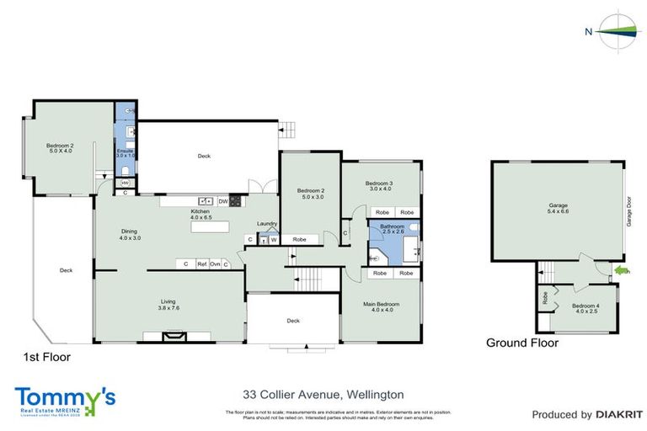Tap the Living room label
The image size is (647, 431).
170,304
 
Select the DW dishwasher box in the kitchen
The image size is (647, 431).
222,201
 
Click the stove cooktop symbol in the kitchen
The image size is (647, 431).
235,201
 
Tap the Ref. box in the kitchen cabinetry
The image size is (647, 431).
202,264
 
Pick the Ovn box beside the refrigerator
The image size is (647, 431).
215,264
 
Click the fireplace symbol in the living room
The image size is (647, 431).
172,335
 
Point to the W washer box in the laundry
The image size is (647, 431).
274,240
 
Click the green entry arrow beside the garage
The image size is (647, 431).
623,271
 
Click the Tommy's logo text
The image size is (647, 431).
64,396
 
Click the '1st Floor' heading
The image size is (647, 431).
46,357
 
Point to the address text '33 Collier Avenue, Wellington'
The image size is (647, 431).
323,394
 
